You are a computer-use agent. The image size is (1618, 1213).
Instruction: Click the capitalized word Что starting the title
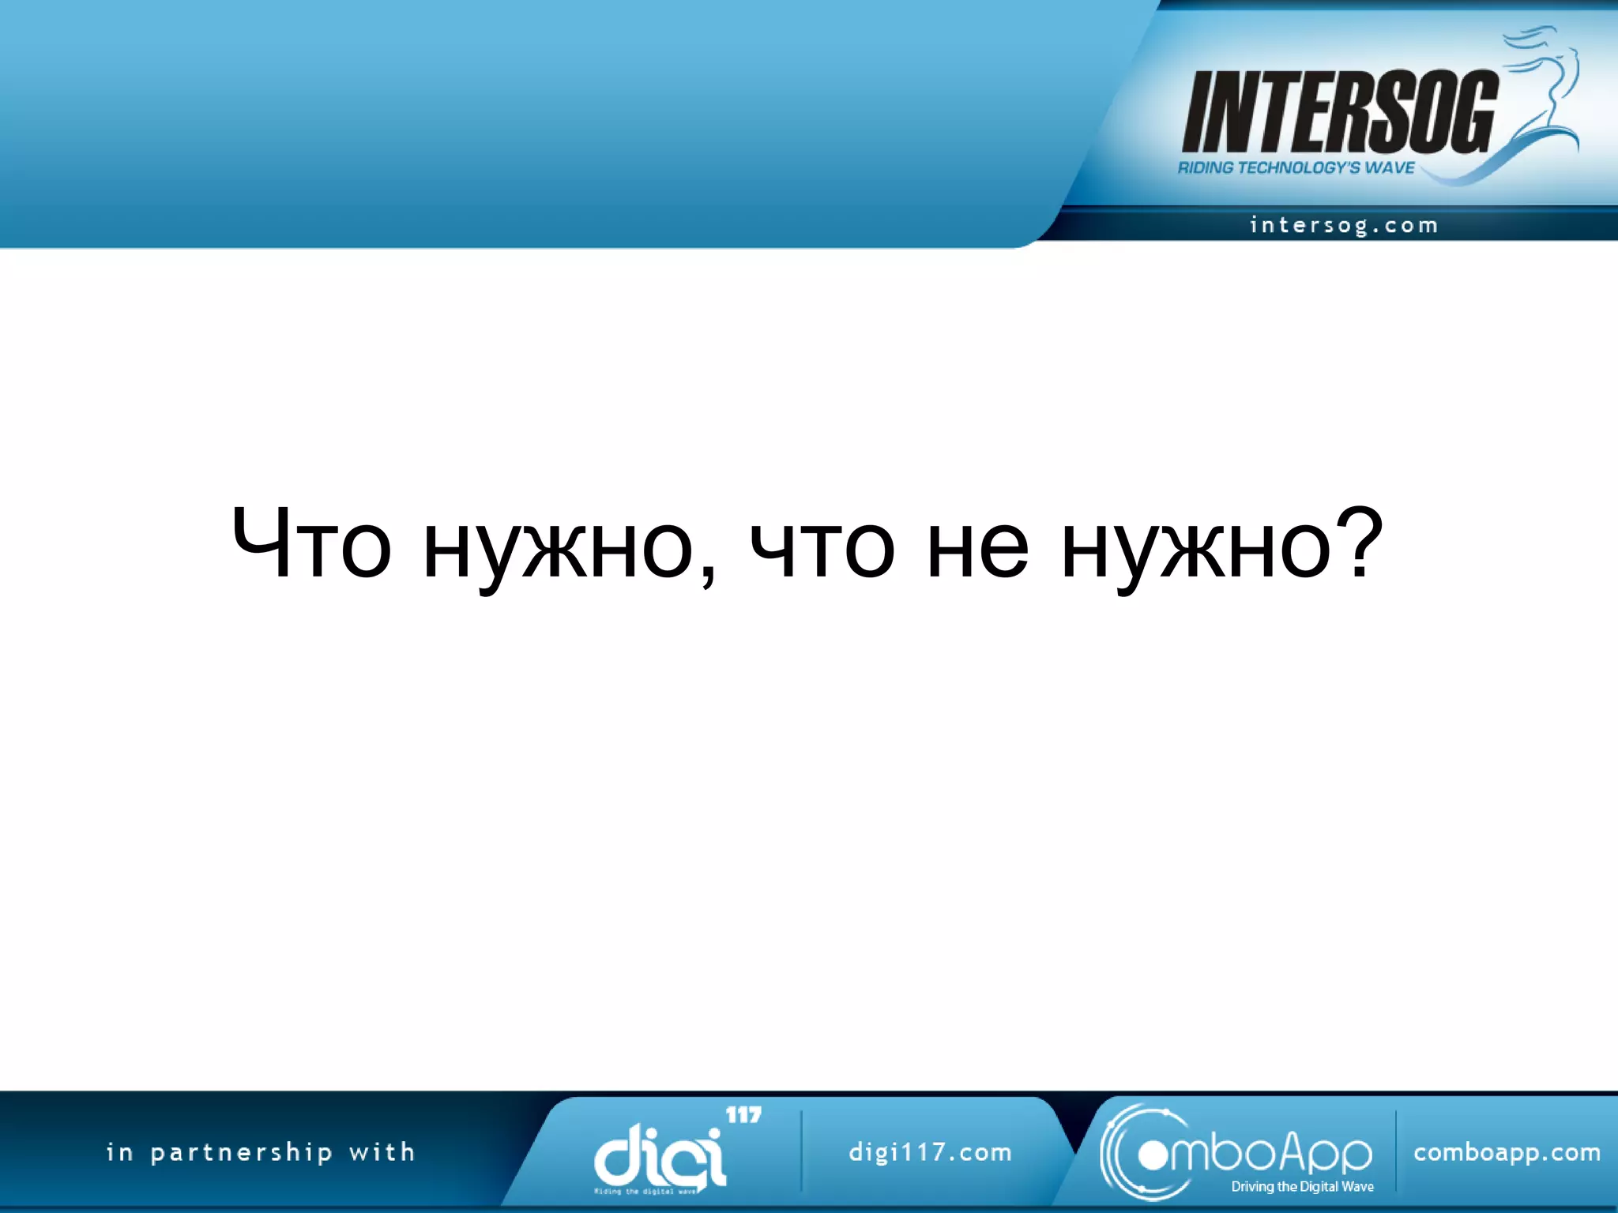[x=311, y=544]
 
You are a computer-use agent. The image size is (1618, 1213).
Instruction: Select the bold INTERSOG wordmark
[x=1339, y=112]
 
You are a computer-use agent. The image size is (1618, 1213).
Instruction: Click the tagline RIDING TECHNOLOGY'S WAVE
[x=1296, y=168]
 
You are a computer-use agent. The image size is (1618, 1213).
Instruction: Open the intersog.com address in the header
[x=1344, y=226]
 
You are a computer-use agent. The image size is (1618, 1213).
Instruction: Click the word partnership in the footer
[x=242, y=1153]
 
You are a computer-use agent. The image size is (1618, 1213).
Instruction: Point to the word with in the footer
[x=382, y=1152]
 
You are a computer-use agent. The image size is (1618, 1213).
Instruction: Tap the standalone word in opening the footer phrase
[x=119, y=1152]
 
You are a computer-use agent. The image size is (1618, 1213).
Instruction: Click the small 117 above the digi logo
[x=743, y=1115]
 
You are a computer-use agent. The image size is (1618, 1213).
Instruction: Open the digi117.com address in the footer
[x=930, y=1152]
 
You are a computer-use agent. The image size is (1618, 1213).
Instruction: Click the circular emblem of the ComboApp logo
[x=1146, y=1153]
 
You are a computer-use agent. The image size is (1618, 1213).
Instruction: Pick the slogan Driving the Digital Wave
[x=1302, y=1187]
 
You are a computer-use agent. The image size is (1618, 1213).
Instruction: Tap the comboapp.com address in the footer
[x=1507, y=1153]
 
